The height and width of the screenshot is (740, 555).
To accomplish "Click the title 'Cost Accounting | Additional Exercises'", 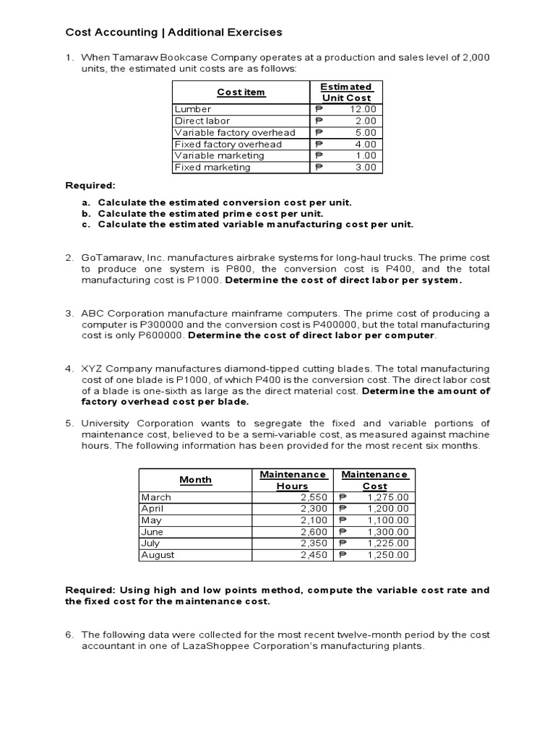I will tap(173, 32).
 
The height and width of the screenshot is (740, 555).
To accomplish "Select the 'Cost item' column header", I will tap(241, 92).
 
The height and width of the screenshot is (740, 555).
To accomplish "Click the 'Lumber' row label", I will tap(192, 109).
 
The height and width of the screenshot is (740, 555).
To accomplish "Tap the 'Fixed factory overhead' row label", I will tap(228, 144).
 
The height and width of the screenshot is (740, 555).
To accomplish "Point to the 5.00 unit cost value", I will tap(365, 132).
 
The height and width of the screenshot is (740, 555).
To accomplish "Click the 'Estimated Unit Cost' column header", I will tap(345, 92).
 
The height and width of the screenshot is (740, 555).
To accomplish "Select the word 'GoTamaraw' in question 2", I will tap(110, 257).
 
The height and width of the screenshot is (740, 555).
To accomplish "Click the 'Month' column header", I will tap(195, 480).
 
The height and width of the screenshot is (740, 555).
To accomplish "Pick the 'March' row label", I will tap(156, 497).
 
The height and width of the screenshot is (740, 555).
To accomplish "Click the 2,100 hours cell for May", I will tap(311, 520).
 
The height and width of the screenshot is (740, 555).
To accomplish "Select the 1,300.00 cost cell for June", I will tap(387, 532).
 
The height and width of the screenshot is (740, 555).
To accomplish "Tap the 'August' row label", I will tap(158, 555).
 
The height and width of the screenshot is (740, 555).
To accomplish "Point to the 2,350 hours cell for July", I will tap(311, 543).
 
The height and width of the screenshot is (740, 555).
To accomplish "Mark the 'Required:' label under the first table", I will tap(90, 186).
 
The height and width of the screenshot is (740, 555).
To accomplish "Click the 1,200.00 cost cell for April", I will tap(387, 509).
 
